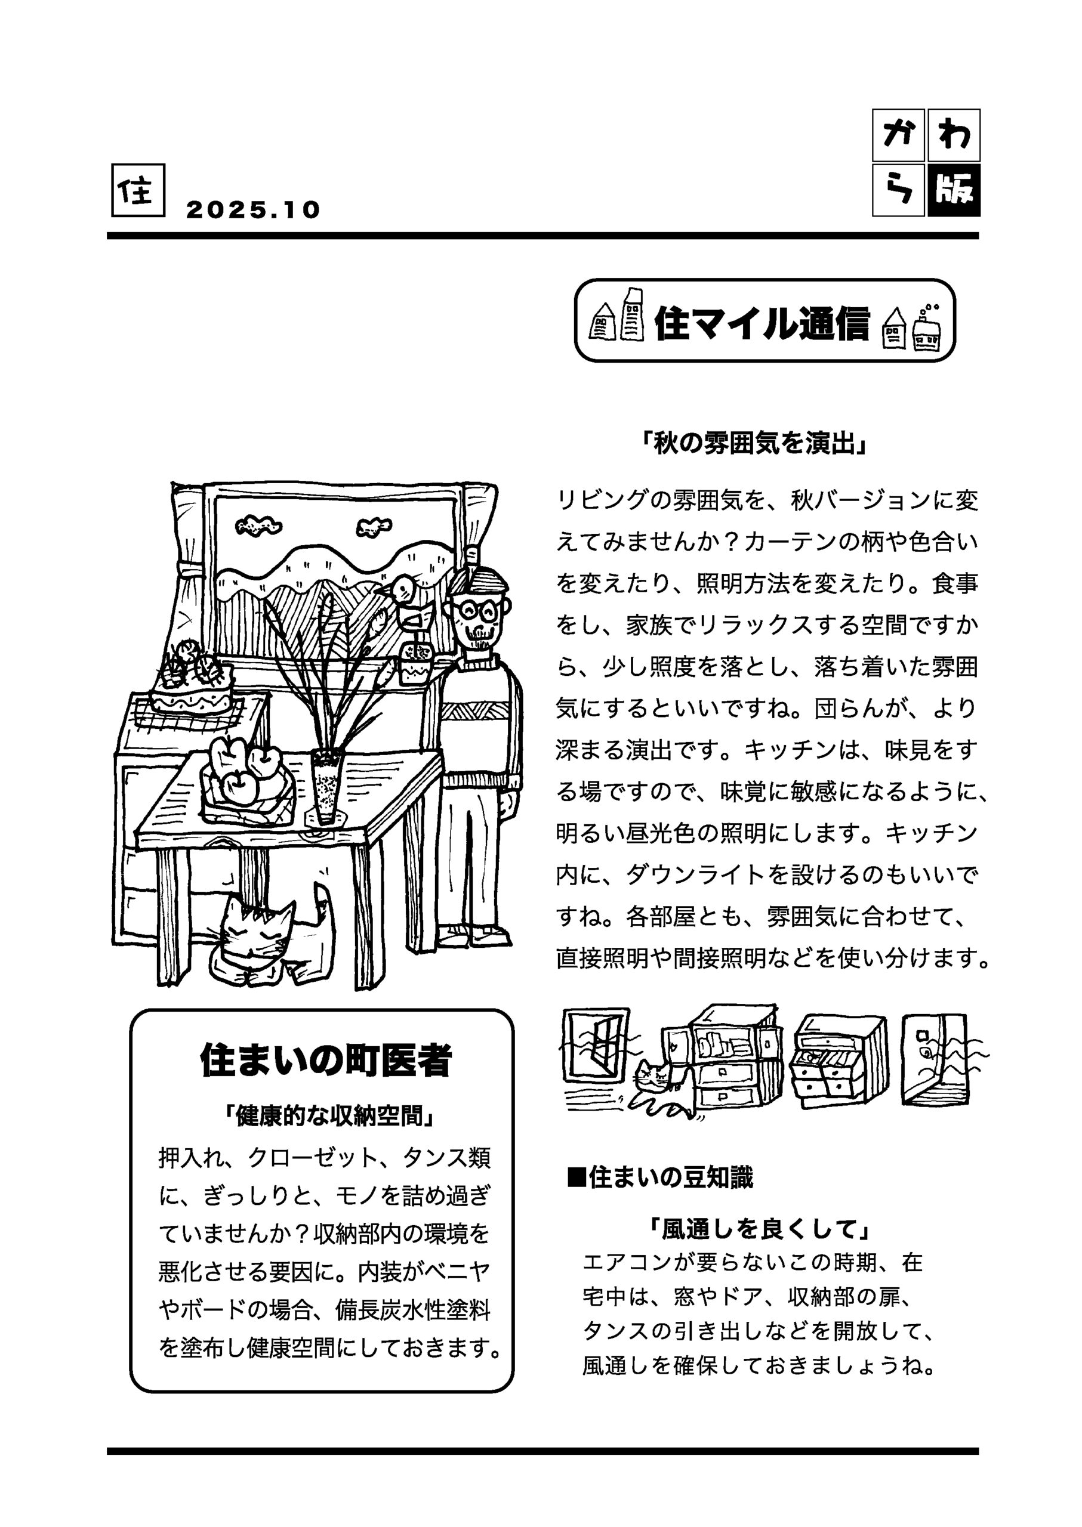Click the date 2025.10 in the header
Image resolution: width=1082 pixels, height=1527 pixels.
tap(252, 210)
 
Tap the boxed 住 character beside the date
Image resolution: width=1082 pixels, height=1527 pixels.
tap(138, 190)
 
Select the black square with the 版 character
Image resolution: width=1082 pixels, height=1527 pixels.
tap(954, 190)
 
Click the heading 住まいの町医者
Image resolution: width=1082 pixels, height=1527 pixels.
tap(326, 1060)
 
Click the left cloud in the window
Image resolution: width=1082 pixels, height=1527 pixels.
tap(258, 526)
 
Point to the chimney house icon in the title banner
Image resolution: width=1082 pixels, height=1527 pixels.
tap(926, 333)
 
